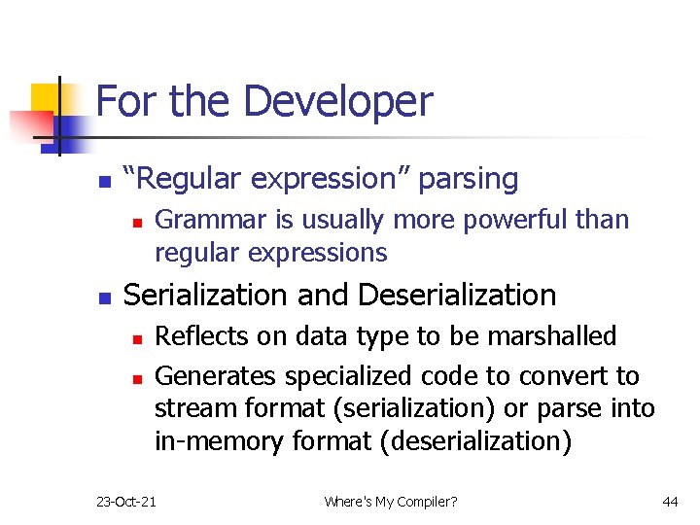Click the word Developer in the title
337,102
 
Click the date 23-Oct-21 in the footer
126,501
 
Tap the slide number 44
669,501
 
